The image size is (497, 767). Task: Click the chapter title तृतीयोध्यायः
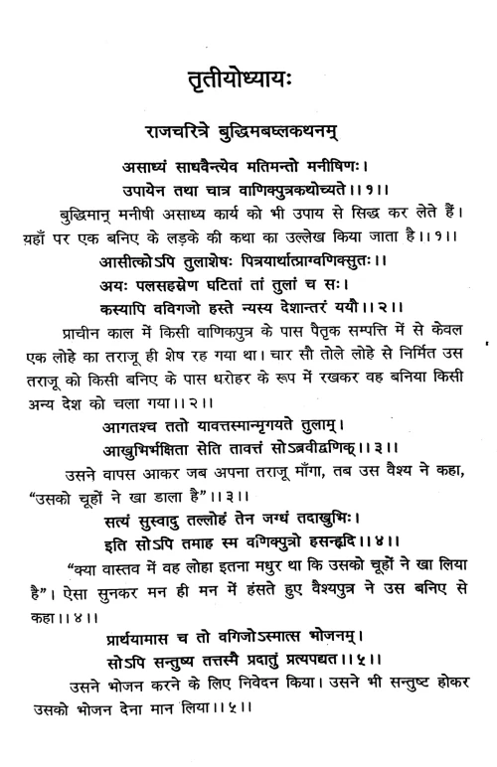(x=248, y=81)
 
